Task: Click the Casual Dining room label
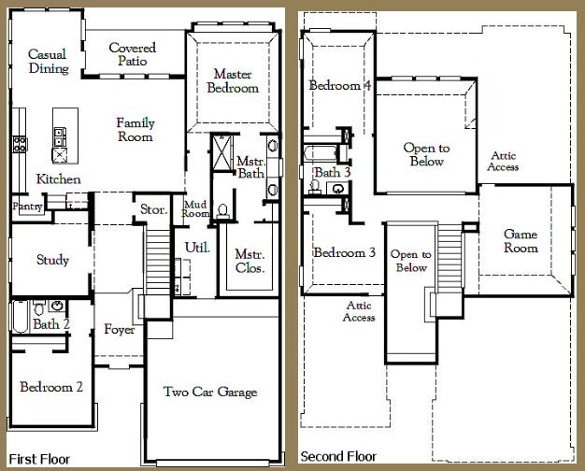(49, 61)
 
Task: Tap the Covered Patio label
(133, 54)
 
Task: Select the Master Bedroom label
(233, 80)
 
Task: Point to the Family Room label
(136, 130)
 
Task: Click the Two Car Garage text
(210, 392)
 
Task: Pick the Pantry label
(27, 206)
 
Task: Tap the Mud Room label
(195, 209)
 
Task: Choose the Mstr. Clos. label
(250, 262)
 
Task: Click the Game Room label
(521, 241)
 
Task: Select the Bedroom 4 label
(340, 85)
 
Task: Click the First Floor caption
(39, 459)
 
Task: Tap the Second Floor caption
(338, 456)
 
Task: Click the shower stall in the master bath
(222, 153)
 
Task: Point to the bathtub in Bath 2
(21, 317)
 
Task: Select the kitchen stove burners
(20, 144)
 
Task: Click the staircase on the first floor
(157, 263)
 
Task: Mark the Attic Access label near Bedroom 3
(359, 311)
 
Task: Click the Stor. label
(153, 209)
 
